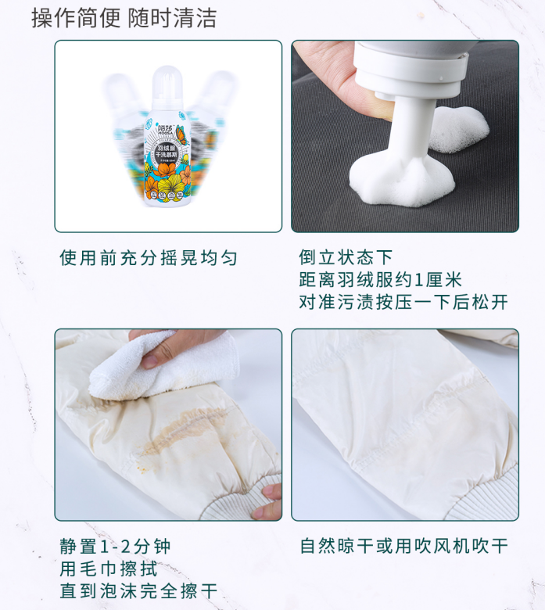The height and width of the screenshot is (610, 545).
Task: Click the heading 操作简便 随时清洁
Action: (x=124, y=17)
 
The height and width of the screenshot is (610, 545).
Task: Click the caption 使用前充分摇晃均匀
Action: (x=148, y=258)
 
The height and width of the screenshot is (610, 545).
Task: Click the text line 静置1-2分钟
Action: (x=115, y=546)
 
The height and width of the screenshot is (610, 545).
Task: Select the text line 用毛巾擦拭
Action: (x=105, y=569)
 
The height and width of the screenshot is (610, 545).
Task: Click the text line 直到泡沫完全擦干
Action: (x=138, y=590)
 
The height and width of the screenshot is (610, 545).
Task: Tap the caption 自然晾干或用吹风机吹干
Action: (x=403, y=546)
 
